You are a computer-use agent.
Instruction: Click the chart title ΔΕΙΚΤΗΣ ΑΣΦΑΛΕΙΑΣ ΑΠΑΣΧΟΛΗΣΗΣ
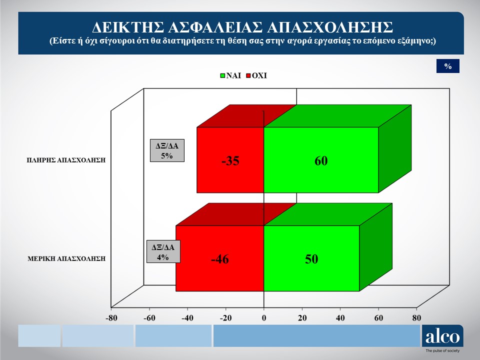[x=242, y=27]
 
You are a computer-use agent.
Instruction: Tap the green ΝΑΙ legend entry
[x=230, y=75]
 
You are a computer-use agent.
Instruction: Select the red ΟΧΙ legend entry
[x=256, y=75]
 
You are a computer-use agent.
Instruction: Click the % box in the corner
[x=448, y=66]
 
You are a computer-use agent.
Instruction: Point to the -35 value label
[x=230, y=160]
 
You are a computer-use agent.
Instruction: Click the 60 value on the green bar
[x=321, y=160]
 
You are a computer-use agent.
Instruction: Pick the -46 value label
[x=220, y=259]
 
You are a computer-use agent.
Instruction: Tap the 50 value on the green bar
[x=311, y=259]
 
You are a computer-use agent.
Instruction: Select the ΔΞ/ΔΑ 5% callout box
[x=167, y=150]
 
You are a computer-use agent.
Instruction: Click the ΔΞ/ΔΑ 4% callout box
[x=163, y=251]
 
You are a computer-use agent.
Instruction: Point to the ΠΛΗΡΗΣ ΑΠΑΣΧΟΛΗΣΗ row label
[x=66, y=160]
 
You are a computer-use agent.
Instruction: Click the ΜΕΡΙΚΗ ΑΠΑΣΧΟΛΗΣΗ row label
[x=66, y=258]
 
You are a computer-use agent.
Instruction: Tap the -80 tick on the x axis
[x=111, y=318]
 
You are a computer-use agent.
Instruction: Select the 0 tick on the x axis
[x=264, y=318]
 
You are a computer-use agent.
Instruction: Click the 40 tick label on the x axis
[x=340, y=318]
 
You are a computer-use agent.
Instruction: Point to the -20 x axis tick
[x=225, y=318]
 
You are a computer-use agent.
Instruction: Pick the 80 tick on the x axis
[x=416, y=318]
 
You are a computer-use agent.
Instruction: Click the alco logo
[x=442, y=336]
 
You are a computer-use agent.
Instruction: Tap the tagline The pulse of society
[x=442, y=351]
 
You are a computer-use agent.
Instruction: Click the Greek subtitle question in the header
[x=242, y=41]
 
